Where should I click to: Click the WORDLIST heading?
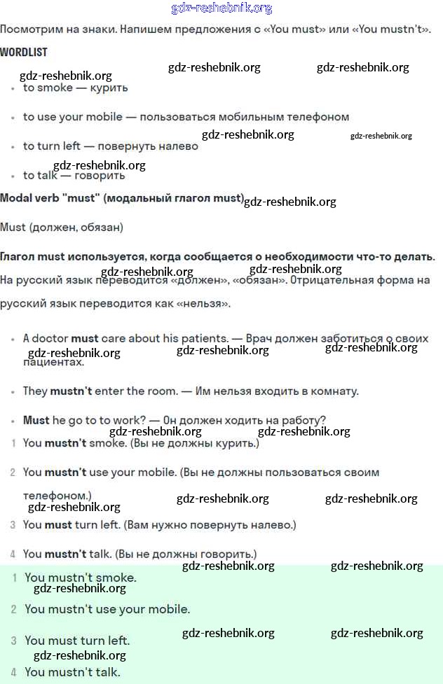[x=24, y=53]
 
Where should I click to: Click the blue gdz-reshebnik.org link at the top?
[x=221, y=8]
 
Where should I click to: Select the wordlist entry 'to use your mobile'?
[x=73, y=117]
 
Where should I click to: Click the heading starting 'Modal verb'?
[x=121, y=198]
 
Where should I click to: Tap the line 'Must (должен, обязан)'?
[x=62, y=227]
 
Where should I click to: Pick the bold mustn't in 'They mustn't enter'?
[x=70, y=391]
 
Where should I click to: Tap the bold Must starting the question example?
[x=36, y=420]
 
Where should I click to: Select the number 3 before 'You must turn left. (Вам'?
[x=13, y=524]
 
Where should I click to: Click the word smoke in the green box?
[x=116, y=578]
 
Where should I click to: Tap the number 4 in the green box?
[x=13, y=672]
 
